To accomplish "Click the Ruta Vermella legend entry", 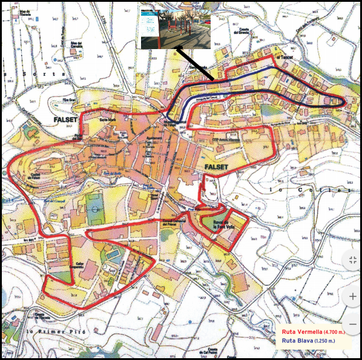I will click(x=302, y=332).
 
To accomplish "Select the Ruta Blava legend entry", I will click(x=298, y=341).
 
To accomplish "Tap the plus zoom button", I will click(x=352, y=297).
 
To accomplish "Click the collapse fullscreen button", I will click(x=352, y=261).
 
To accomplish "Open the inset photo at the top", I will click(x=176, y=28).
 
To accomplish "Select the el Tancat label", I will click(x=284, y=58).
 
